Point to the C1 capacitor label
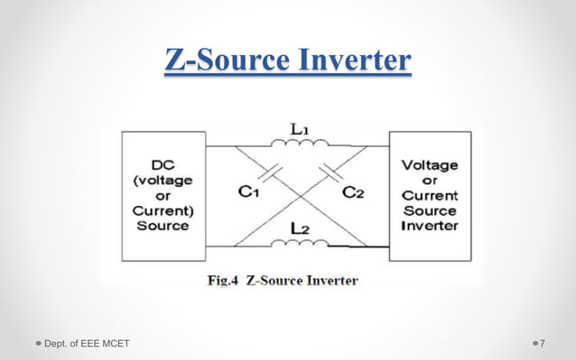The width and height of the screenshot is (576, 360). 250,191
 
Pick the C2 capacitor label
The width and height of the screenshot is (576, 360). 353,191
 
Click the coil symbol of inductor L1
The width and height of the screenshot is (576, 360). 302,144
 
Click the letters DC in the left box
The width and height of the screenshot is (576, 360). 163,167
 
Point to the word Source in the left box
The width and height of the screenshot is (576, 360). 163,225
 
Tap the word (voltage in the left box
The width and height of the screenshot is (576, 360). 163,181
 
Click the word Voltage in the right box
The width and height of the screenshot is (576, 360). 429,166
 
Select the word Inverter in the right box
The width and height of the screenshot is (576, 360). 429,225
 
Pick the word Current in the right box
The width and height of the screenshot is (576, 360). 429,195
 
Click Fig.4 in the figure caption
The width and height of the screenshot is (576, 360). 226,281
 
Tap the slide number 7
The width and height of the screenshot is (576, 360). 543,343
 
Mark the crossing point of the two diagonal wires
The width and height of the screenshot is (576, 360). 302,195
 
